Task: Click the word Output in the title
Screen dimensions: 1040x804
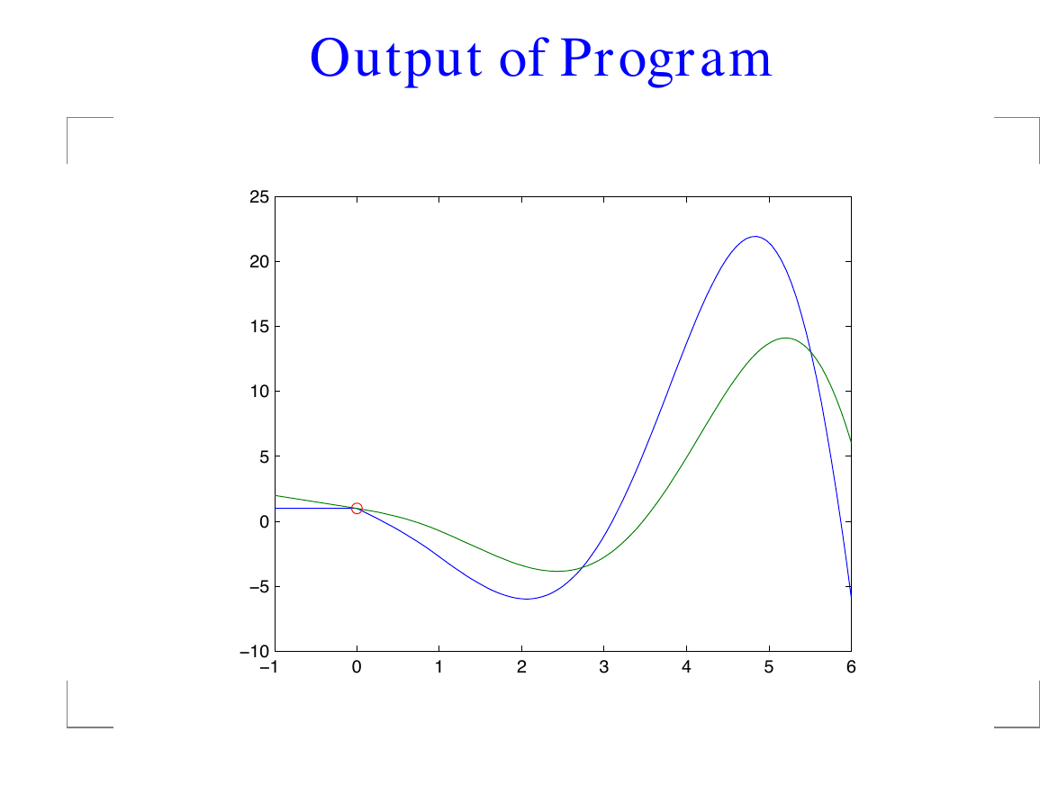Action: [x=396, y=59]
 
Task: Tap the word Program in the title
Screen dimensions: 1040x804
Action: [x=666, y=59]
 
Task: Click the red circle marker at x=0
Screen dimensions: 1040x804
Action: [x=357, y=508]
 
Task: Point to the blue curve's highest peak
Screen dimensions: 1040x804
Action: [x=755, y=236]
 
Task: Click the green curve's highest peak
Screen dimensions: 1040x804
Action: [x=786, y=338]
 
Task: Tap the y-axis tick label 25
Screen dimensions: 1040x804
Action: [x=259, y=197]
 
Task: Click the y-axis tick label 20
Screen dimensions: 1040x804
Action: [x=259, y=262]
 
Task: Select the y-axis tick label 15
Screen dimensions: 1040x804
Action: [x=259, y=327]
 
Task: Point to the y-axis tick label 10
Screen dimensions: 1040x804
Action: [x=259, y=392]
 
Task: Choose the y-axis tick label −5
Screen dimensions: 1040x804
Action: [x=259, y=586]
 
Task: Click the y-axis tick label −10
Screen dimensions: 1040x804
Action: [x=255, y=652]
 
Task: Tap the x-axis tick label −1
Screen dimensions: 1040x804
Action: [x=269, y=667]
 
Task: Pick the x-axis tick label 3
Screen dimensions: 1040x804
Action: [x=603, y=667]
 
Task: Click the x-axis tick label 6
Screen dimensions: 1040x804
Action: [x=851, y=667]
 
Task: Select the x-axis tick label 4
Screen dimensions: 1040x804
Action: [x=686, y=667]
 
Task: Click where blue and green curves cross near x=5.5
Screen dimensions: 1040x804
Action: [x=810, y=352]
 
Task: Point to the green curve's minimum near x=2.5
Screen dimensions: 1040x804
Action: [x=557, y=571]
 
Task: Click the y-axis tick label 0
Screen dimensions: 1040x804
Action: [x=265, y=522]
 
